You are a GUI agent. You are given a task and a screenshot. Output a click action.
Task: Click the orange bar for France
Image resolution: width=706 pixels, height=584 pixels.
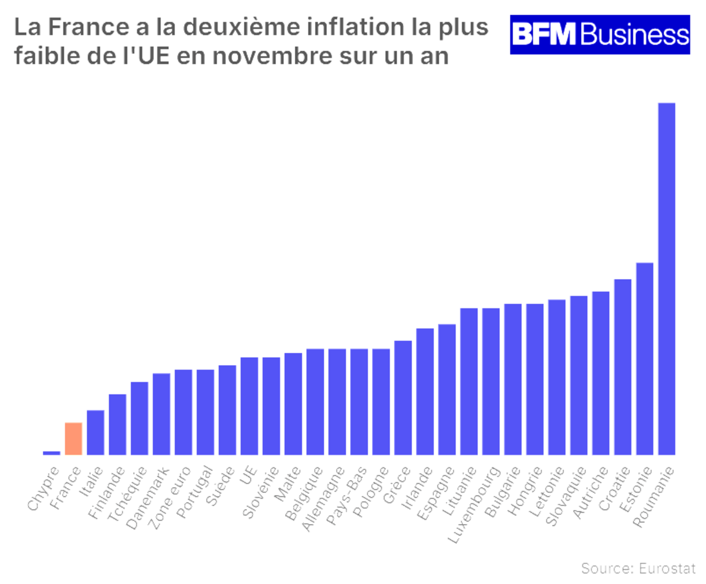click(x=73, y=438)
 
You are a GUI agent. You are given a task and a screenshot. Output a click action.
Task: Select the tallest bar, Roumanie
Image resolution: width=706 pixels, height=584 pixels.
click(x=666, y=279)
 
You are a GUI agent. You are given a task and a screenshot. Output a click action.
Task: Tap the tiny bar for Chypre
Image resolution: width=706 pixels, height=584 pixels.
click(x=51, y=453)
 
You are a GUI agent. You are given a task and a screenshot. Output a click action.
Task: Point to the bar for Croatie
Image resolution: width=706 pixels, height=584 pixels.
click(x=623, y=367)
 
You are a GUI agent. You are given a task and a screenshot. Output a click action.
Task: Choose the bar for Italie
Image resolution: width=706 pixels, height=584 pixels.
click(x=96, y=432)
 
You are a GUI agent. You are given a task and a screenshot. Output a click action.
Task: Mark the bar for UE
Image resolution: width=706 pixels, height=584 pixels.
click(x=249, y=406)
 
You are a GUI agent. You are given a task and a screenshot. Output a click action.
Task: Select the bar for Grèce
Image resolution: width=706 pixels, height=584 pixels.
click(x=403, y=398)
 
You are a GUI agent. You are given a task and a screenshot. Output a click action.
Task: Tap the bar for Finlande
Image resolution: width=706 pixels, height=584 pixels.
click(x=117, y=424)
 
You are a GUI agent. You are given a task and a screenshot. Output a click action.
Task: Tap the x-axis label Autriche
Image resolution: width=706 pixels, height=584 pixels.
click(x=590, y=492)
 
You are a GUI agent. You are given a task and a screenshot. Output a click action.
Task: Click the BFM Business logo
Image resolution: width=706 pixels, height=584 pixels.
click(x=600, y=35)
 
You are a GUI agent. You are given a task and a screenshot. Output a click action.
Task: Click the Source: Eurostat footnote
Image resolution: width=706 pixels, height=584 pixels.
click(x=638, y=568)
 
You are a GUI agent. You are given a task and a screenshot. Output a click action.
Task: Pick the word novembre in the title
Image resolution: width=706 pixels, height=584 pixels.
click(x=272, y=56)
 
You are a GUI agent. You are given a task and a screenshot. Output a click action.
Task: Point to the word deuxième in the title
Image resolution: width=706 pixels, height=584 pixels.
click(x=241, y=27)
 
